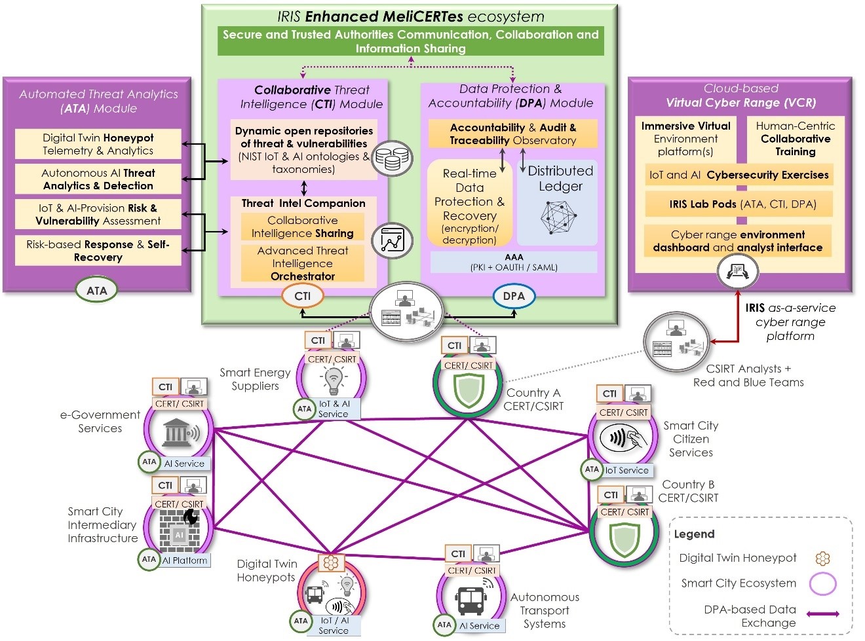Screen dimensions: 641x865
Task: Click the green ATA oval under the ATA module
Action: click(x=96, y=290)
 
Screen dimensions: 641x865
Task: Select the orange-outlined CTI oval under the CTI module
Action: click(x=302, y=296)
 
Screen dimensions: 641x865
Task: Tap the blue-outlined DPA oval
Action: click(x=513, y=296)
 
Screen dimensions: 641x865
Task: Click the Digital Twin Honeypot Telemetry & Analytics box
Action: click(x=98, y=144)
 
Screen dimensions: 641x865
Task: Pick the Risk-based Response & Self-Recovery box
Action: click(x=98, y=251)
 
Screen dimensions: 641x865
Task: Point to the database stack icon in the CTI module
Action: click(x=392, y=158)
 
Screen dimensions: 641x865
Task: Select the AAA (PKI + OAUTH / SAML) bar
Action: click(x=514, y=262)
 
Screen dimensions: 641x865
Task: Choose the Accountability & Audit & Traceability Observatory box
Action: click(x=513, y=134)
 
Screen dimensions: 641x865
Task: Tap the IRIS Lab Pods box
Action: click(x=739, y=204)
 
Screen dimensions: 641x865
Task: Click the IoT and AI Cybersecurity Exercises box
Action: click(x=739, y=175)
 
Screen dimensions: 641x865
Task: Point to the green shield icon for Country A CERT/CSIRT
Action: click(x=469, y=390)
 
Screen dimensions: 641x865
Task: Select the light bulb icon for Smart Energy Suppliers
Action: click(x=334, y=378)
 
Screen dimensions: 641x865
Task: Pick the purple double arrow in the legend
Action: click(x=822, y=614)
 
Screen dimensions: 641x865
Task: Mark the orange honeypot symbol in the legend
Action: click(x=822, y=559)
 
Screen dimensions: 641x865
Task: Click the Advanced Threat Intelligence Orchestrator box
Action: click(x=302, y=263)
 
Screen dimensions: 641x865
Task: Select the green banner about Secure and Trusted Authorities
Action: click(x=411, y=41)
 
